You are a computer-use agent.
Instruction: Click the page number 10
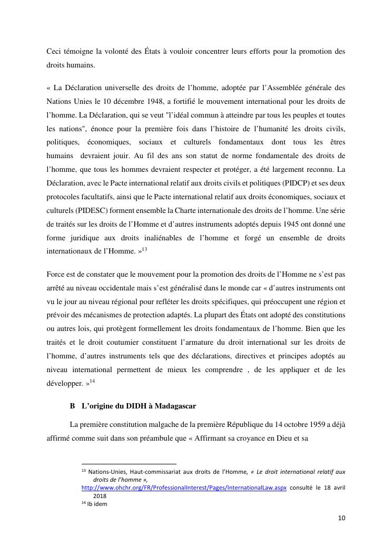point(341,518)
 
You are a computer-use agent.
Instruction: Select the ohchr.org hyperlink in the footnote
point(184,488)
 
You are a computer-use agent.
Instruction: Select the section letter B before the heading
point(72,406)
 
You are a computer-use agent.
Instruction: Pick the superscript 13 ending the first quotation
point(144,249)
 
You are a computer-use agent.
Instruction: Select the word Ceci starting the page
point(54,51)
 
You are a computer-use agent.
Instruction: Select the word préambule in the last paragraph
point(164,437)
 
